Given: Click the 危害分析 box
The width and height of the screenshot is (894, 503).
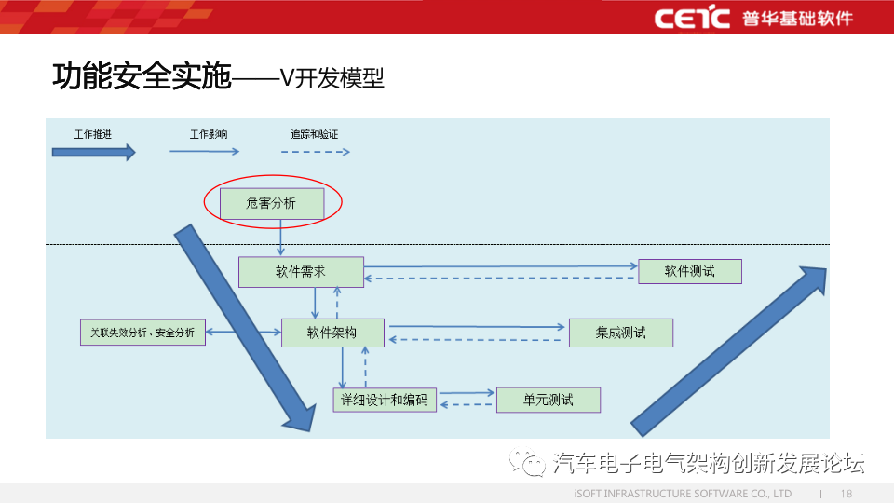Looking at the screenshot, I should tap(272, 203).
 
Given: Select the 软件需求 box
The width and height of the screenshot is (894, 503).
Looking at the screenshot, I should tap(301, 272).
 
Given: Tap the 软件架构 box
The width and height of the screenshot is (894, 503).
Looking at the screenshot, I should tap(332, 332).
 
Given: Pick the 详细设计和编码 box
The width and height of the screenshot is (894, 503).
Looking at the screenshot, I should tap(385, 400).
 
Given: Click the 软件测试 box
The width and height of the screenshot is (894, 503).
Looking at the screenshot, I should tap(690, 271).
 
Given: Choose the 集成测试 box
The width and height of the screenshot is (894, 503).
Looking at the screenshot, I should tap(620, 332).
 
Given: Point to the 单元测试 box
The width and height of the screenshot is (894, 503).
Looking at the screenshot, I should tap(549, 400).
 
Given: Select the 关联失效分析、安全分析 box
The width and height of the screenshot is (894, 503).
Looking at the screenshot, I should tap(142, 332).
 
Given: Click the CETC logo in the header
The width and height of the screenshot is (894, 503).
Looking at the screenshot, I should tap(691, 18).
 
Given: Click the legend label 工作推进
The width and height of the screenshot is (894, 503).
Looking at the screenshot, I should tap(93, 134).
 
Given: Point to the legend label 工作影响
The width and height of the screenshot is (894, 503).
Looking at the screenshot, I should tap(208, 134).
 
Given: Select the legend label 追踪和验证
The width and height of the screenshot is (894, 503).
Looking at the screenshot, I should tap(315, 134).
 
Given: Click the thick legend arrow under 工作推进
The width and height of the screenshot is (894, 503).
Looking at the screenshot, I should tap(94, 152).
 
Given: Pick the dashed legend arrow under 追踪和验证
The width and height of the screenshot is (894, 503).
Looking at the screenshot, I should tap(315, 152).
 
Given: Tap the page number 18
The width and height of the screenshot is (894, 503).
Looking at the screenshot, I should tap(847, 493).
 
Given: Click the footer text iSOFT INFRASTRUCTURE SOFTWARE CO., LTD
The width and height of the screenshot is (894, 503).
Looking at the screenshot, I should tap(682, 493).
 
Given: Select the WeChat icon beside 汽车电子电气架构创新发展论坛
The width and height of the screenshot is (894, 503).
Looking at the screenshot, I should tap(533, 462).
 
